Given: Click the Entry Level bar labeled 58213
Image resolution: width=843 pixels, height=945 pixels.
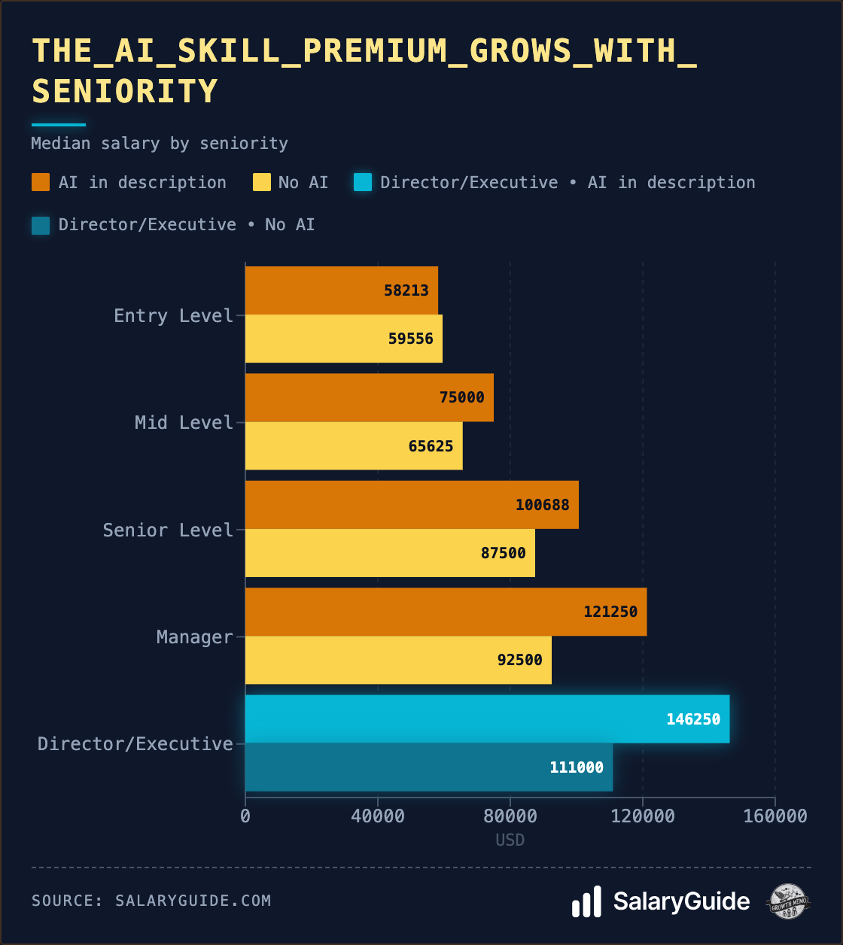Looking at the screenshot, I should pos(341,290).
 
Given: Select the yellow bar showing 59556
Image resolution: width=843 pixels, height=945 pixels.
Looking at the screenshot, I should pos(343,339).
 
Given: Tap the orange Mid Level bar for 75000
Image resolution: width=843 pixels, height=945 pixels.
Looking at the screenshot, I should pos(369,397).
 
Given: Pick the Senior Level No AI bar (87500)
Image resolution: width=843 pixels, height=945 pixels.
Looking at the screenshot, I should pos(390,553).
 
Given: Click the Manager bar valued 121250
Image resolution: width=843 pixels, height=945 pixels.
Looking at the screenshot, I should pos(446,612).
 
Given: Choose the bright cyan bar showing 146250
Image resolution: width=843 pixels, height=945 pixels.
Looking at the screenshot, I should pos(487,719).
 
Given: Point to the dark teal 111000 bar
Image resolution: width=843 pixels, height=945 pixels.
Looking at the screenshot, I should pos(428,767).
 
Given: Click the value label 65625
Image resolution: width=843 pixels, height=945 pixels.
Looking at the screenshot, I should pos(431,446).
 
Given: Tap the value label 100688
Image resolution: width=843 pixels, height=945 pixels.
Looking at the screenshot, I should pos(542,505).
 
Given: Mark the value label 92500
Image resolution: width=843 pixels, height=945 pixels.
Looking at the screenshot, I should pos(519,660).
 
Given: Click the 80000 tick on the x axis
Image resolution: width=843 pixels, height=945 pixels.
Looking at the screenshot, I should pos(510,816).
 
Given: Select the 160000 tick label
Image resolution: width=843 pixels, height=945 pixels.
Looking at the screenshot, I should pos(775,816).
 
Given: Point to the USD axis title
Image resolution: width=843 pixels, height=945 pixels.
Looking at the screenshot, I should pos(510,840).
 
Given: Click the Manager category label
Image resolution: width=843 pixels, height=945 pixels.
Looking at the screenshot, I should pos(194,637).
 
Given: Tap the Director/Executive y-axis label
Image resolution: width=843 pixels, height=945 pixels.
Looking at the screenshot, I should pos(135,744).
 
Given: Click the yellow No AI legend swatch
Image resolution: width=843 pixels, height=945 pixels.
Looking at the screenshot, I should pos(262,182).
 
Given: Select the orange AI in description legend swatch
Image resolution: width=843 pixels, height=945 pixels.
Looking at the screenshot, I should pos(41,182).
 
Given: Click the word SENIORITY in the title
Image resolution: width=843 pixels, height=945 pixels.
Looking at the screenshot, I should pos(125,92).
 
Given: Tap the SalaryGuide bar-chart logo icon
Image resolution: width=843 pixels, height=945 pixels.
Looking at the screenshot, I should pos(586,901).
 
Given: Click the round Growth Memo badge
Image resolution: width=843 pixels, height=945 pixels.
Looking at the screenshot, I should pos(788,901).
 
